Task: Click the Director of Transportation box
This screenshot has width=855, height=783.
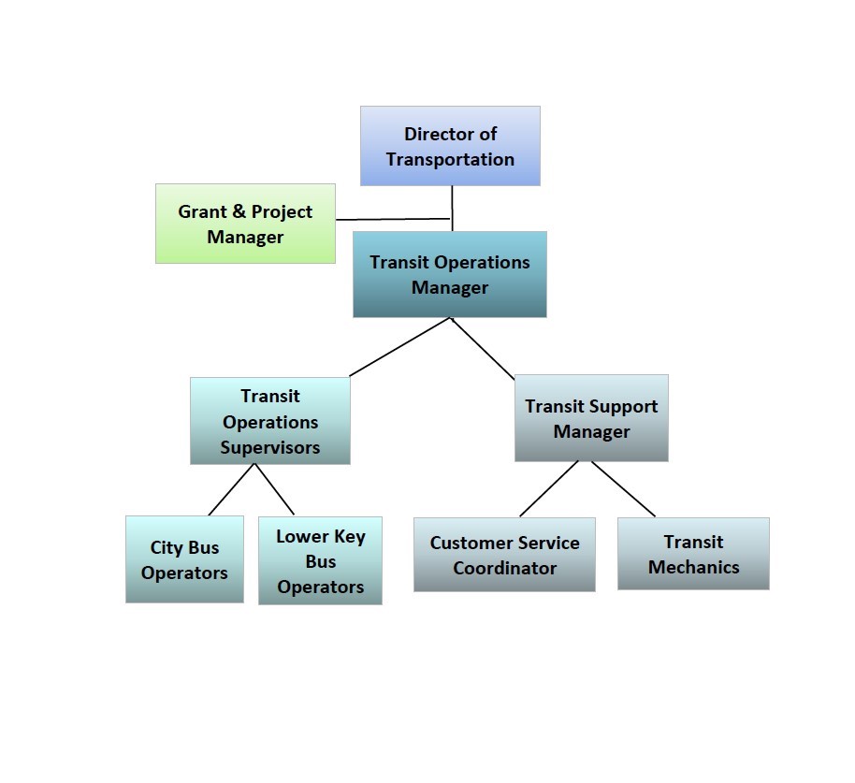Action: click(450, 146)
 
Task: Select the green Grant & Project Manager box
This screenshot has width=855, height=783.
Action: click(245, 224)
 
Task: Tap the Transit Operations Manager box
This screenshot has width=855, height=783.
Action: click(450, 274)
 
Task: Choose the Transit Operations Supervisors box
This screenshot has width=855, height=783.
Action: click(270, 421)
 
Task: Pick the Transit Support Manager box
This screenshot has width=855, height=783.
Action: click(591, 418)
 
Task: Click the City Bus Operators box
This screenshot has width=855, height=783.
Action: click(184, 559)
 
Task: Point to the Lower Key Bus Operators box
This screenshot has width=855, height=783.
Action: click(320, 560)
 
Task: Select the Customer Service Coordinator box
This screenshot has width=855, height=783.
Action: click(504, 555)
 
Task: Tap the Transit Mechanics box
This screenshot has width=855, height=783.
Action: click(693, 554)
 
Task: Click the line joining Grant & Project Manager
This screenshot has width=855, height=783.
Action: click(393, 219)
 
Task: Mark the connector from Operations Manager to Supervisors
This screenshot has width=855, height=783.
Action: click(399, 347)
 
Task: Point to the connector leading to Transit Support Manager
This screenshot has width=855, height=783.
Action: click(483, 348)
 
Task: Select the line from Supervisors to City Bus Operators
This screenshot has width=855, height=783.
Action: click(232, 489)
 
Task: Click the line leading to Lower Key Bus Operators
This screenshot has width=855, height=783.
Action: click(274, 489)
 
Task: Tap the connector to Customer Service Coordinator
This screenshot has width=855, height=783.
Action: click(549, 488)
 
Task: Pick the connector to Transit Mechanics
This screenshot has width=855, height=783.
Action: click(623, 488)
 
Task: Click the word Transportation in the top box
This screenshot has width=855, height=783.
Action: click(450, 159)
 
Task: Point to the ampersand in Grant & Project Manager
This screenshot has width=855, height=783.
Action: click(239, 211)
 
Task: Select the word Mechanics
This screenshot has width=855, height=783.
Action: click(693, 567)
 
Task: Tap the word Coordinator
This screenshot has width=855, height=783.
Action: click(505, 568)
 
